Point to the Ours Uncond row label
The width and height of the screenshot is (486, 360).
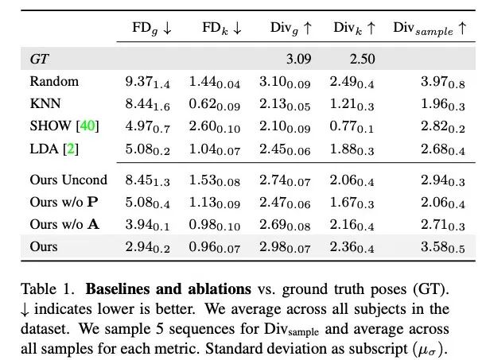point(68,180)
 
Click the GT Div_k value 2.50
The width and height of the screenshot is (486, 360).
point(362,59)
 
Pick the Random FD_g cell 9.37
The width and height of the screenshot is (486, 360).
point(143,81)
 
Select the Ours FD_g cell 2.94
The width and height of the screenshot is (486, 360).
point(143,246)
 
